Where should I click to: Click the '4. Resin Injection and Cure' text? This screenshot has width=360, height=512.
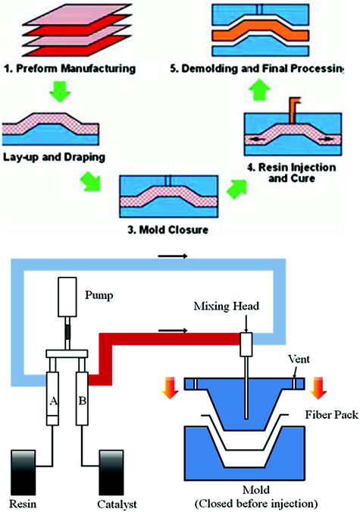pos(299,177)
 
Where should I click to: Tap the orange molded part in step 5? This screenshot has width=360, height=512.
pos(268,33)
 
